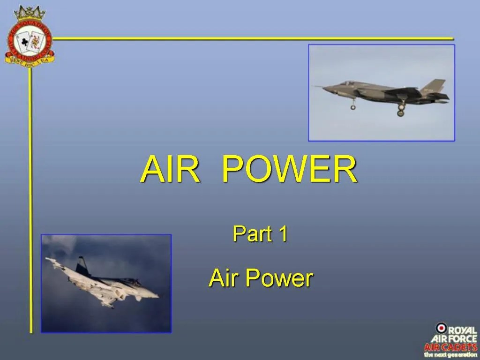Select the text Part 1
pos(260,234)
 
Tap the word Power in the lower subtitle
pos(279,278)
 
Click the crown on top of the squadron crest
pos(29,13)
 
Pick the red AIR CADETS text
pos(450,347)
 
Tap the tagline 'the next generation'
pos(450,355)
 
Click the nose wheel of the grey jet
pos(353,107)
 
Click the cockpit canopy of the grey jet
pos(347,83)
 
